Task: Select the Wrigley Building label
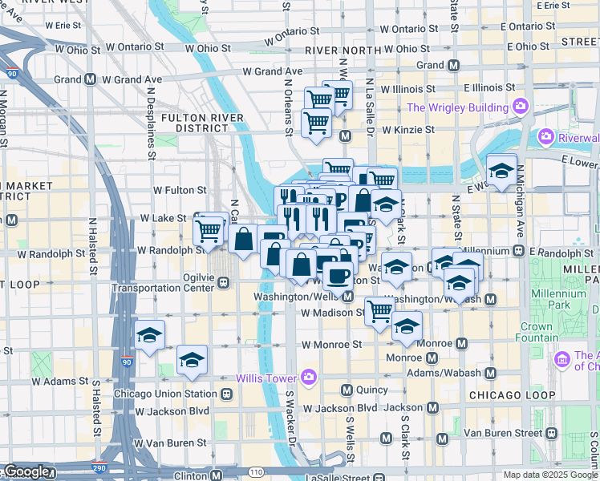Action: coord(458,107)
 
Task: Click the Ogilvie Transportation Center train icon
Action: coord(222,282)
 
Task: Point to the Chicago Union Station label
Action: coord(165,394)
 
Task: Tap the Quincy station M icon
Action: coord(347,390)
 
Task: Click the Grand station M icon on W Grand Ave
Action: coord(91,79)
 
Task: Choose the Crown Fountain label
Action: coord(536,332)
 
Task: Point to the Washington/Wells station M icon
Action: coord(347,297)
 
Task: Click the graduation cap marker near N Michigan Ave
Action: coord(501,170)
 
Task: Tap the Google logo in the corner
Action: coord(27,472)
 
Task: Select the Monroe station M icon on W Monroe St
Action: coord(461,343)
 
